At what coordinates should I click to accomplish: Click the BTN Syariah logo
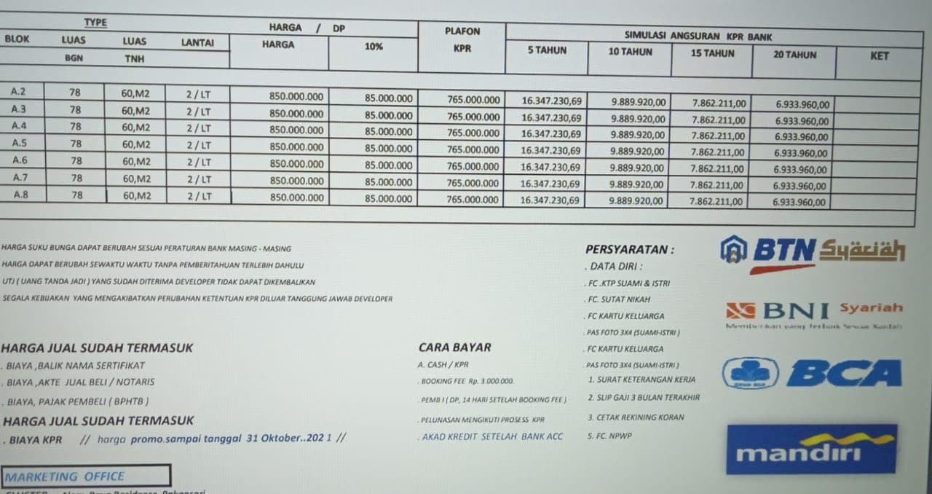point(812,252)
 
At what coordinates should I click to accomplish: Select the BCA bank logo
point(812,373)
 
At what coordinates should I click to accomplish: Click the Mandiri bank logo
point(811,450)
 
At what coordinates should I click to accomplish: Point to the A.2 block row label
point(19,92)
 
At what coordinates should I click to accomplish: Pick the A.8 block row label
point(20,195)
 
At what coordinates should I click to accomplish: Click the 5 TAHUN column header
point(547,50)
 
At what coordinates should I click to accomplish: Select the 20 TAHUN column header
point(794,55)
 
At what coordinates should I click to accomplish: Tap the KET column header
point(879,55)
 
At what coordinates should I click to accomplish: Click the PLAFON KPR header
point(462,39)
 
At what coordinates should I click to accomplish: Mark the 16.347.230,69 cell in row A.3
point(551,117)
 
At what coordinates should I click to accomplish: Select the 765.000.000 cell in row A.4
point(473,133)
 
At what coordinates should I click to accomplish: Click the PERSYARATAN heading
point(629,249)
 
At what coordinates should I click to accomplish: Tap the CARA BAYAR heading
point(454,348)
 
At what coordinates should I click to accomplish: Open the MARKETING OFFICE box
point(85,477)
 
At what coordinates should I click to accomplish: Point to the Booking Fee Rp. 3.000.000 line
point(467,381)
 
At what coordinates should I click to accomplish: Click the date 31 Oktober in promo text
point(274,438)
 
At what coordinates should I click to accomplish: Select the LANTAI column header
point(197,43)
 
